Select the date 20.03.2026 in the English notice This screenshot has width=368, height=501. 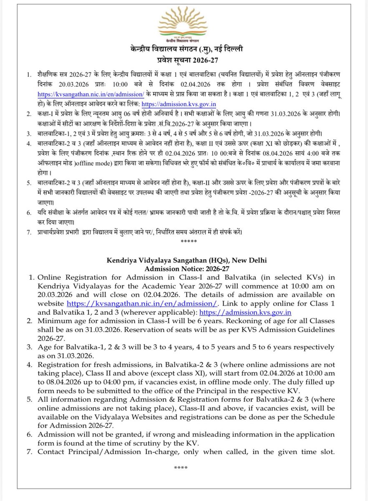click(55, 296)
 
